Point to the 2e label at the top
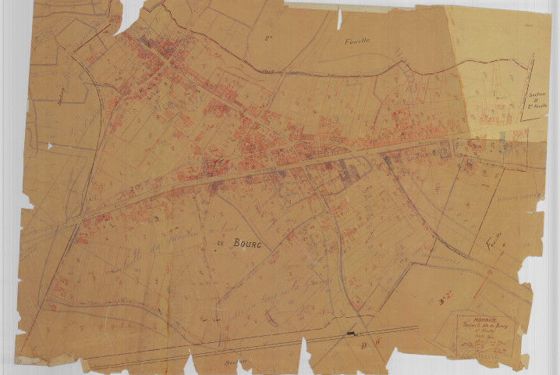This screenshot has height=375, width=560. click(x=268, y=37)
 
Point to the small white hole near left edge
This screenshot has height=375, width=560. click(x=51, y=145)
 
